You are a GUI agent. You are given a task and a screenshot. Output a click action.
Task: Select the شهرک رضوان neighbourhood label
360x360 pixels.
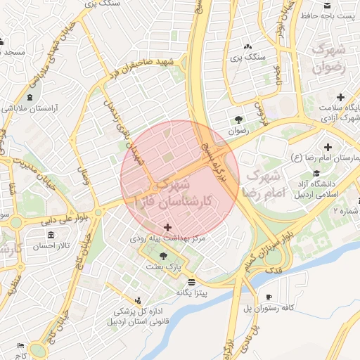[x=330, y=60]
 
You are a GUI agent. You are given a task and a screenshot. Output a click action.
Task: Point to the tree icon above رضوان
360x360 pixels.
[x=239, y=119]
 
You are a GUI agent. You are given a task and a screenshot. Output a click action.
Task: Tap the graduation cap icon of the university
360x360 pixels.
[x=316, y=173]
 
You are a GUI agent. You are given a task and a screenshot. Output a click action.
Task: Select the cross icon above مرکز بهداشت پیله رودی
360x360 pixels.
[x=167, y=227]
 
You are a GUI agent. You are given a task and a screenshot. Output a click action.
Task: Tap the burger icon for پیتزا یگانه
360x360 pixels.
[x=192, y=281]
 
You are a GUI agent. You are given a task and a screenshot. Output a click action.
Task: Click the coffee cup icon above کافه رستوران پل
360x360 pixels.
[x=269, y=297]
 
